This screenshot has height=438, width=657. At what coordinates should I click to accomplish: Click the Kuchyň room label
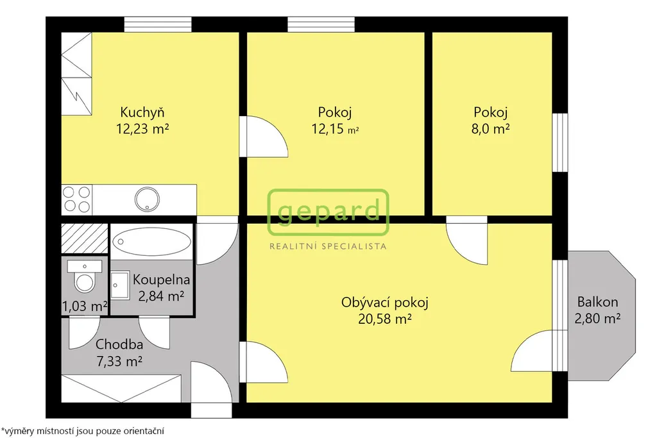coord(142,112)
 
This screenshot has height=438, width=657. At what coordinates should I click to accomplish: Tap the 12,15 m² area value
coord(335,128)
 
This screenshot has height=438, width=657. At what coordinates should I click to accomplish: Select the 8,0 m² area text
coord(490,128)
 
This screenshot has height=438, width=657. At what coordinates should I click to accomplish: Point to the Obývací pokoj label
coord(385,302)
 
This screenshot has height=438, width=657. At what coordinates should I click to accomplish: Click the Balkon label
coord(597,302)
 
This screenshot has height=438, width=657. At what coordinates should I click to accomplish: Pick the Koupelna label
coord(161,280)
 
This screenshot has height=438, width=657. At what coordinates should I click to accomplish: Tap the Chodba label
coord(119,344)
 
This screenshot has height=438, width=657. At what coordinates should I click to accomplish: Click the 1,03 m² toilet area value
coord(85,307)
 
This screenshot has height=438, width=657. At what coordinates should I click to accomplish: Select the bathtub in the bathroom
coord(151,242)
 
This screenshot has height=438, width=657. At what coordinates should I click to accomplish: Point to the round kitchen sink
coord(147,199)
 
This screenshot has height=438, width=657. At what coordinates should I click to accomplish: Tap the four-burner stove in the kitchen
coord(77,199)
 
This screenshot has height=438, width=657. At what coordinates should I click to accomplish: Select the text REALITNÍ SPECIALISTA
coord(328,246)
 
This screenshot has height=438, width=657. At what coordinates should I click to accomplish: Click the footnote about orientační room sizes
coord(83,431)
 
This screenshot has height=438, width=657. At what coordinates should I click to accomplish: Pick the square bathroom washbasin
coord(120,285)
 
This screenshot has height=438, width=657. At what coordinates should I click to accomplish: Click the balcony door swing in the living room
coord(531,351)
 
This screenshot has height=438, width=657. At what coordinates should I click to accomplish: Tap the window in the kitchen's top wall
coord(158,24)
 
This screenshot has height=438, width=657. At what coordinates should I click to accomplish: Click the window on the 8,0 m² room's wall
coord(559,142)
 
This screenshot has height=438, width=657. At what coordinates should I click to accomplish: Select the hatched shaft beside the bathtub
coord(85,239)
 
